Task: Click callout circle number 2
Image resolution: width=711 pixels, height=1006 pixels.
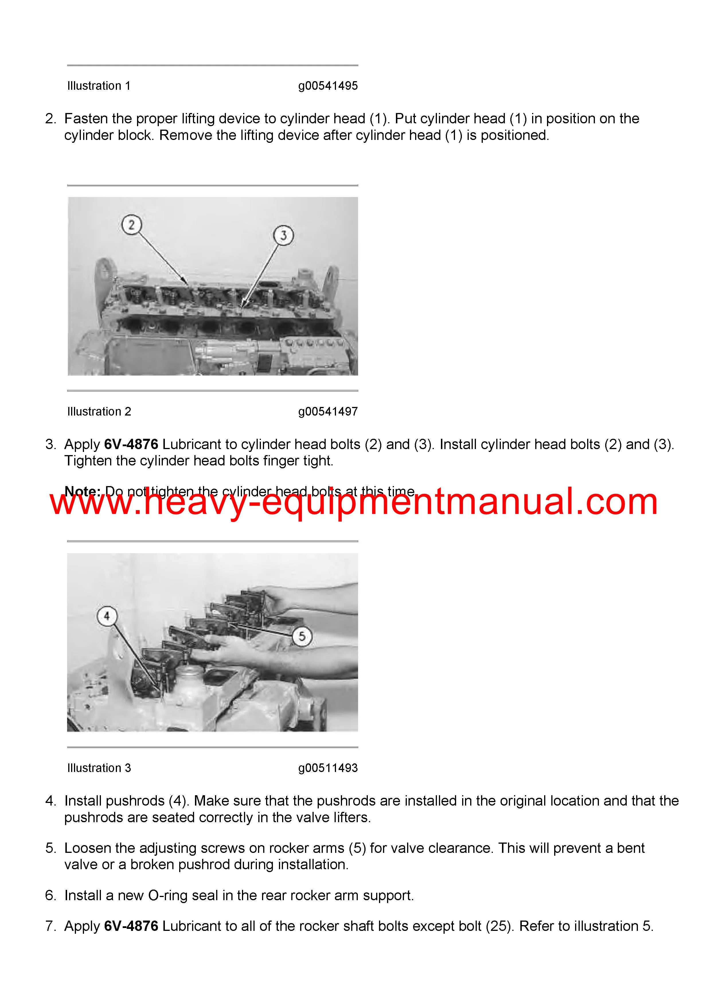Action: click(x=131, y=225)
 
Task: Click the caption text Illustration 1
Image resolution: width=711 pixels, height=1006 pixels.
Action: click(x=99, y=86)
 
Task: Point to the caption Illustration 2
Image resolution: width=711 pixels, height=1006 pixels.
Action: click(x=99, y=412)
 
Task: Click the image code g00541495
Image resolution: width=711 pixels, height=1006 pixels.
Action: click(x=328, y=86)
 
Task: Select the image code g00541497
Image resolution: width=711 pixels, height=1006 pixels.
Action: click(x=328, y=412)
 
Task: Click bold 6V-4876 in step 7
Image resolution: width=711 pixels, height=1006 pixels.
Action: click(x=131, y=926)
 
